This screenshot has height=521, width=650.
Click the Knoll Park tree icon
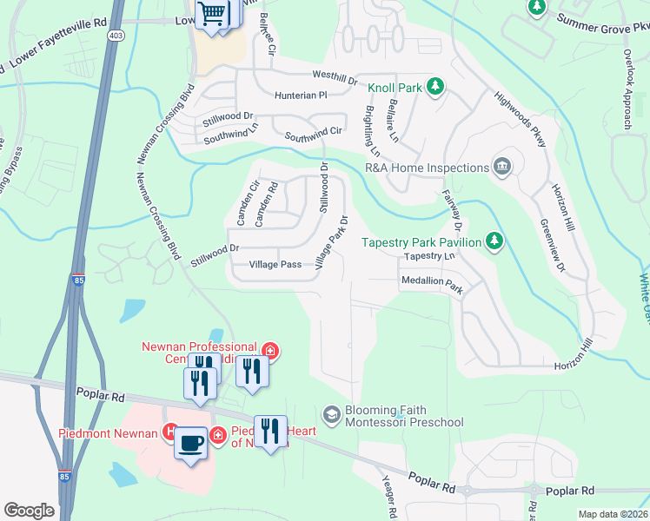(434, 87)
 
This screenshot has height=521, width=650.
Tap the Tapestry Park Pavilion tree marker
(494, 240)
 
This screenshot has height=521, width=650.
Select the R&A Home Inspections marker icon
(502, 167)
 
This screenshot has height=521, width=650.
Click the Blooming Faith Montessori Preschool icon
(331, 416)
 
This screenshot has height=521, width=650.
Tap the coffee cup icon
(191, 443)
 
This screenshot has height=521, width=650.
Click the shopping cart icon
(211, 14)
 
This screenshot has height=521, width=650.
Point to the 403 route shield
(116, 35)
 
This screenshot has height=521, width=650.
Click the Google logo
(29, 511)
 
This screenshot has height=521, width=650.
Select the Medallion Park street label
(431, 282)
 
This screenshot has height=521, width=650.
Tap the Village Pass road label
(275, 264)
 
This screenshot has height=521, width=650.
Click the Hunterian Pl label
(299, 95)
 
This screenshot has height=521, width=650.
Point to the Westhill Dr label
(328, 78)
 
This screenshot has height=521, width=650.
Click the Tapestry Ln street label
(429, 257)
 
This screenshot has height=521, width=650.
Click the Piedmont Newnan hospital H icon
(171, 432)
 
